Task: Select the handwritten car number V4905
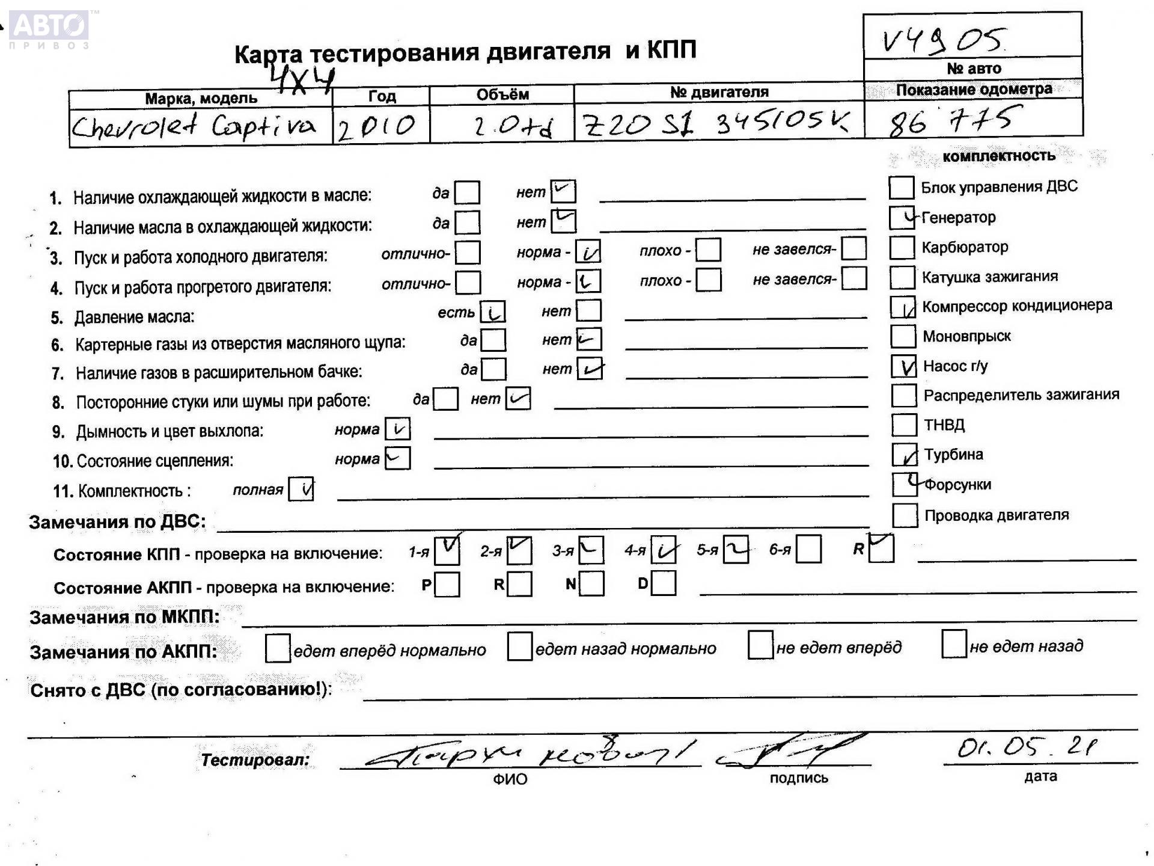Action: pos(942,40)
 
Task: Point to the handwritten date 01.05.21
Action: pos(1027,748)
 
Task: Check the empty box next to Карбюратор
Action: pos(902,247)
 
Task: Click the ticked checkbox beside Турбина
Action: pos(904,455)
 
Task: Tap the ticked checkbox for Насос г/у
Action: pos(903,366)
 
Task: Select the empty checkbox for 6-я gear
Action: pos(808,550)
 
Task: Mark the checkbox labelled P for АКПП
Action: pos(447,585)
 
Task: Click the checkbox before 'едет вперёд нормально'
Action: pos(278,649)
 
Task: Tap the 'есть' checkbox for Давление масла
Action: pos(493,312)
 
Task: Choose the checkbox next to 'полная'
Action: pos(301,489)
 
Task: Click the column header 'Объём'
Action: pos(502,95)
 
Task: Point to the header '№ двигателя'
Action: pos(719,92)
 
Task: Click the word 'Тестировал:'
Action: pos(255,760)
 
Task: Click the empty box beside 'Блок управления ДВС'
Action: pos(901,188)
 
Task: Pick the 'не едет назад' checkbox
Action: pos(954,645)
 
